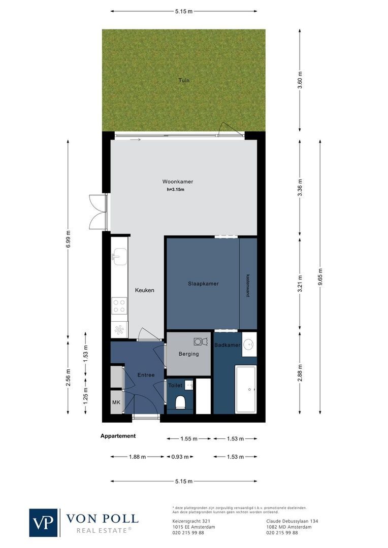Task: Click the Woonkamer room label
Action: pos(177,182)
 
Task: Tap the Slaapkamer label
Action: pos(203,284)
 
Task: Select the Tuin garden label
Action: pos(183,80)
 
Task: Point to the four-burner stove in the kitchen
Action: pos(119,305)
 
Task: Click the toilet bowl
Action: pos(180,402)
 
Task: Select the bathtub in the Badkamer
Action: pos(246,389)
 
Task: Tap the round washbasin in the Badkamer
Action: pos(249,344)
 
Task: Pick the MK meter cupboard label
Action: pos(116,402)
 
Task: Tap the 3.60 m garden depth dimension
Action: pos(300,80)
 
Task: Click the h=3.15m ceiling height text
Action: pos(175,190)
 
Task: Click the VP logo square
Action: pos(44,522)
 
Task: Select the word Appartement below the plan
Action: pos(118,436)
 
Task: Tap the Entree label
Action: pos(146,375)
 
